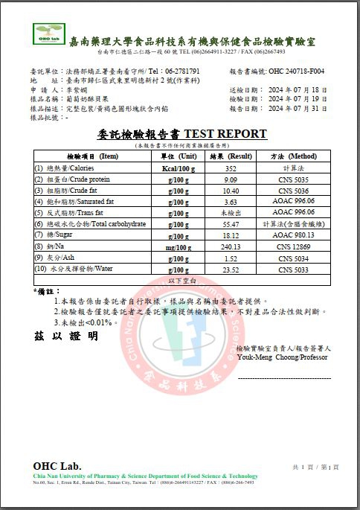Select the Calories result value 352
tap(231, 169)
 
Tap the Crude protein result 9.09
tap(231, 179)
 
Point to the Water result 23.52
tap(231, 269)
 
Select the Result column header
tap(231, 157)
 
